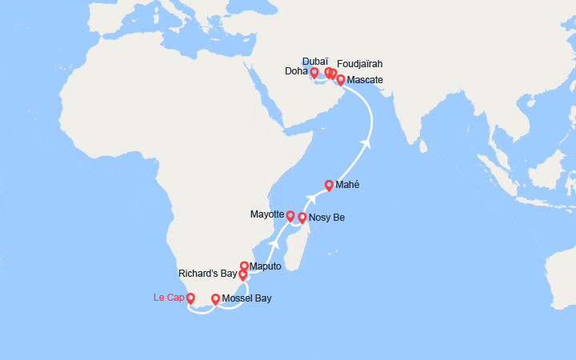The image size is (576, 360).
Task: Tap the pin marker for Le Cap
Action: tap(190, 298)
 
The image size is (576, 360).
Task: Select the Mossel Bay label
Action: tap(246, 299)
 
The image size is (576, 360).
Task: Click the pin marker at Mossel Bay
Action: tap(215, 299)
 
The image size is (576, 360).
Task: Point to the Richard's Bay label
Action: tap(207, 273)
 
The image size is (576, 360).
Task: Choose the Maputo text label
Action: tap(266, 266)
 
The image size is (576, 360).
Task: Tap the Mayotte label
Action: tap(266, 214)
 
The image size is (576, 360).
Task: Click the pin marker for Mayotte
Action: tap(290, 215)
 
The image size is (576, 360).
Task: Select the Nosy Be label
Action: tap(326, 218)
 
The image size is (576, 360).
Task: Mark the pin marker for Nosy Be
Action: tap(302, 217)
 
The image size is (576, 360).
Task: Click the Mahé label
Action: tap(347, 185)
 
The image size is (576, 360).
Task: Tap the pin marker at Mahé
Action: tap(329, 185)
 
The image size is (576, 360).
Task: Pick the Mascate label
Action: tap(366, 80)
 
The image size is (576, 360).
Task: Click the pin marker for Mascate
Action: tap(341, 79)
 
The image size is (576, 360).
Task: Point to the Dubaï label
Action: tap(316, 61)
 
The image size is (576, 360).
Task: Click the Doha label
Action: tap(296, 72)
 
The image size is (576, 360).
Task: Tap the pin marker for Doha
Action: tap(314, 72)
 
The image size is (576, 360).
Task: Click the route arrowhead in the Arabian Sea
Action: tap(367, 143)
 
